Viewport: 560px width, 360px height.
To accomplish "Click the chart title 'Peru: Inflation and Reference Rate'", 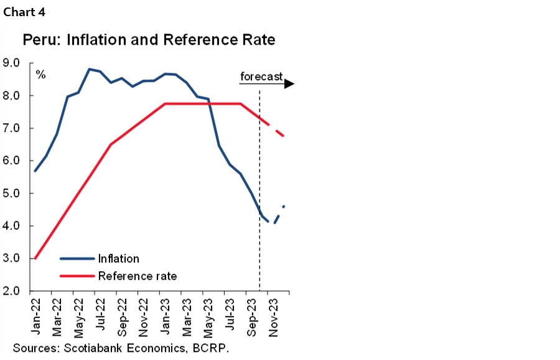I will coord(149,41).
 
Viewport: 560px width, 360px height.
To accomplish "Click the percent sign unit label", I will coord(40,75).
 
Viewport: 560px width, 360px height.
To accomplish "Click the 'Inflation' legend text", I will coord(118,259).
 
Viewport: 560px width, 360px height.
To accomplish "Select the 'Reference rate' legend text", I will coord(137,275).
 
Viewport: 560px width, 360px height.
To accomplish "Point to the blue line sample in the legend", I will coord(77,259).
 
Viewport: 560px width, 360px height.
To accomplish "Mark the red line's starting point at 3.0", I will coord(35,258).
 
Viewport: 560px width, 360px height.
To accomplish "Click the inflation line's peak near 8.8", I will coord(90,69).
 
